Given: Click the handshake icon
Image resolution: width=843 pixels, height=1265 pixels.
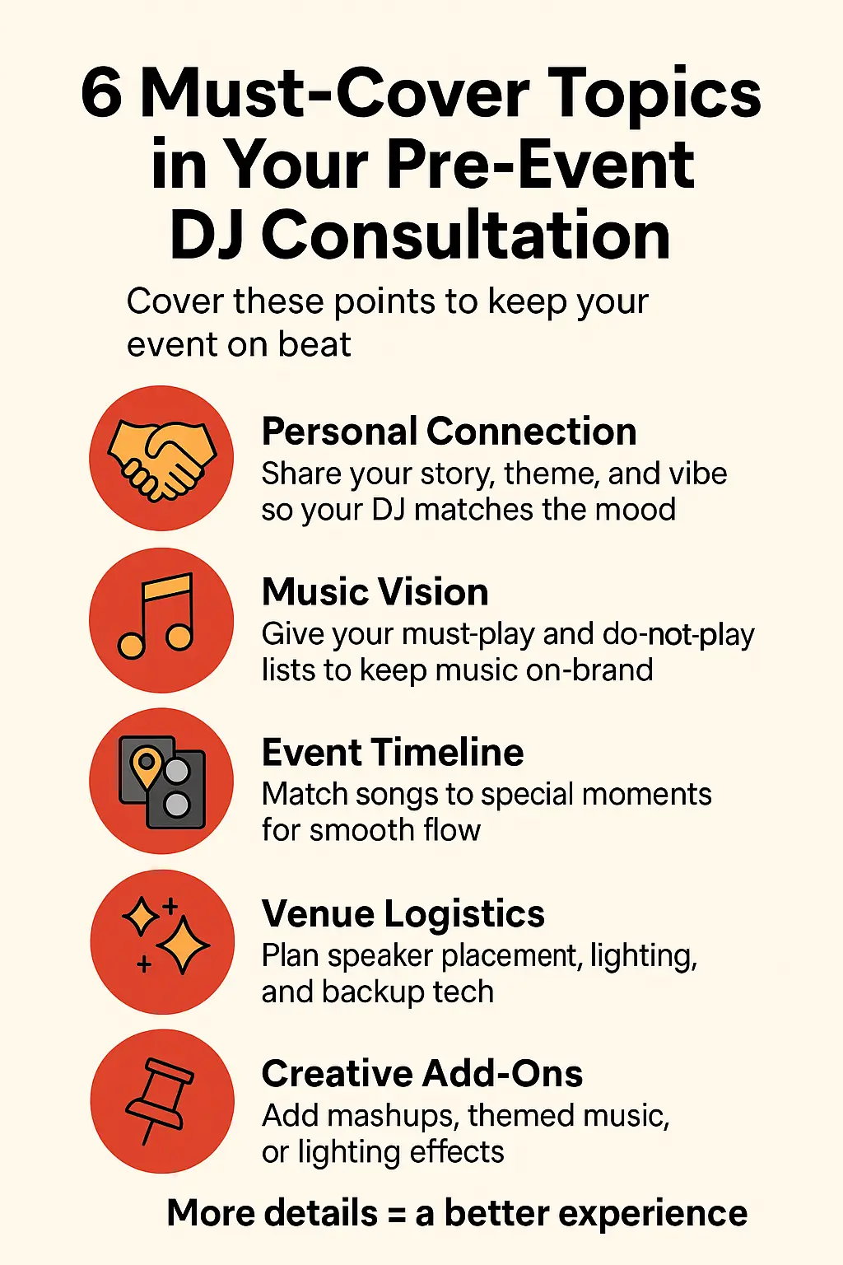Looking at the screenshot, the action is pyautogui.click(x=162, y=458).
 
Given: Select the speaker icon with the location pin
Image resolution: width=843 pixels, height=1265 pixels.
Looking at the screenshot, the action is pyautogui.click(x=162, y=782).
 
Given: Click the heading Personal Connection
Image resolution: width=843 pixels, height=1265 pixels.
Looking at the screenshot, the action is pyautogui.click(x=449, y=432).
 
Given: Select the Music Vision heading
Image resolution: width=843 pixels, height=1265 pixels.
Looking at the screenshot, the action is pyautogui.click(x=375, y=592).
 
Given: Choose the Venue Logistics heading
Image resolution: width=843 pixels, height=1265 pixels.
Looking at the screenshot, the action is pyautogui.click(x=403, y=913).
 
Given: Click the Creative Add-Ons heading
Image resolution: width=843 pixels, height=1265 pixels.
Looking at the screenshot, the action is pyautogui.click(x=422, y=1074).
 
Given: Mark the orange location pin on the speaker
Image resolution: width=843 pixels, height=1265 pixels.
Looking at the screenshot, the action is pyautogui.click(x=146, y=767).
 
